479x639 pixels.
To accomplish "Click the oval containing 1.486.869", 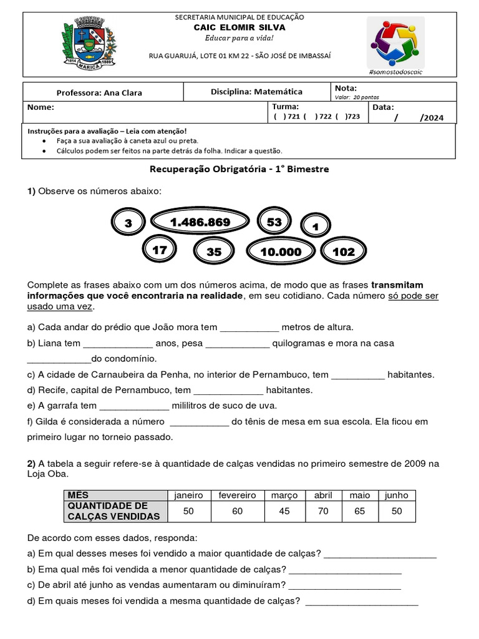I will (200, 222).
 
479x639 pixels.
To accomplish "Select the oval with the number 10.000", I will (281, 251).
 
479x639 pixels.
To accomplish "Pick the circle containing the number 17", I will (160, 250).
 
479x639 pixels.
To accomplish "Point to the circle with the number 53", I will (274, 222).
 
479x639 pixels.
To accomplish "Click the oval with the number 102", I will (344, 251).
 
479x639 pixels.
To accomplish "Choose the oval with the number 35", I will (214, 251).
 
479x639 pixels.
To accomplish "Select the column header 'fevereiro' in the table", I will (237, 495).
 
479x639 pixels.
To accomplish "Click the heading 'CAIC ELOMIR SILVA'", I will (239, 27).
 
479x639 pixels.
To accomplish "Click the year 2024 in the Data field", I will (433, 117).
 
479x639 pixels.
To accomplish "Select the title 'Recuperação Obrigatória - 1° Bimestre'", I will (239, 169).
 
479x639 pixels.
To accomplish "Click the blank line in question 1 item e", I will (133, 406).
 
